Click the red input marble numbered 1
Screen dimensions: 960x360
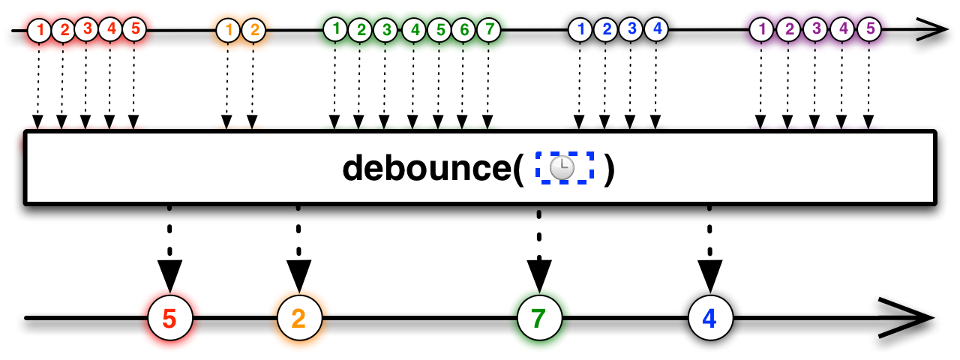39,31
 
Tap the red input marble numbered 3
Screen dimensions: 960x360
87,29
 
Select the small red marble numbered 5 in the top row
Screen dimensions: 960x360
134,29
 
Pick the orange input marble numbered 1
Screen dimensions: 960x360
228,31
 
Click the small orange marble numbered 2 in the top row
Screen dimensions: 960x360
253,31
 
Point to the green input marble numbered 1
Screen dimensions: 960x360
336,29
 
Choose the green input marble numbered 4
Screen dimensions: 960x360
413,31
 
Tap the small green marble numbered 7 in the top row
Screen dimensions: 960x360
488,30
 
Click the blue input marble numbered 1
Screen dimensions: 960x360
580,30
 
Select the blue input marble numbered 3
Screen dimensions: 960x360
631,29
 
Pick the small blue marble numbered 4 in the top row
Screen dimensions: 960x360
656,29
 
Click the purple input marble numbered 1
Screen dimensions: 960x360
761,30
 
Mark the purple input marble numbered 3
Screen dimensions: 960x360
815,30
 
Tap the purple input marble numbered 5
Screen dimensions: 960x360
868,30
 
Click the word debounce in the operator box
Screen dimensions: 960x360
427,169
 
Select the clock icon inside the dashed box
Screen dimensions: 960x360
562,168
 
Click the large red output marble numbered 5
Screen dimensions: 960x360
169,319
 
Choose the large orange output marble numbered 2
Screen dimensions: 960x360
299,319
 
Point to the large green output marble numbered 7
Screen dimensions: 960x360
539,319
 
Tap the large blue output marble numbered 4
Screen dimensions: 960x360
710,318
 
